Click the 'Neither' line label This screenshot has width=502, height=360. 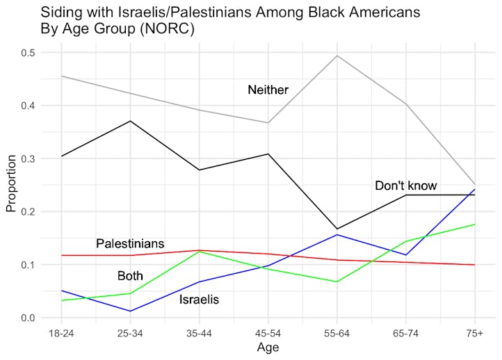click(x=268, y=90)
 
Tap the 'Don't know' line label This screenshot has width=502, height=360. click(x=405, y=186)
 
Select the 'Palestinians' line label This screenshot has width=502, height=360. click(x=130, y=243)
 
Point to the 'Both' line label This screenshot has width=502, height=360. click(x=129, y=276)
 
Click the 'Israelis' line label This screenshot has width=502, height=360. click(x=199, y=300)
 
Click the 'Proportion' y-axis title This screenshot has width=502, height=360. click(x=10, y=184)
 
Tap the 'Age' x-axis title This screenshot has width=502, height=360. click(x=268, y=347)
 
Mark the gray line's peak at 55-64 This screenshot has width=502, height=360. click(x=337, y=56)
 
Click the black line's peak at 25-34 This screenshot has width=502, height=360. click(x=130, y=121)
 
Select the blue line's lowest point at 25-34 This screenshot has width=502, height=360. click(x=130, y=311)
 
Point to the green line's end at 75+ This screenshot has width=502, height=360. click(x=475, y=224)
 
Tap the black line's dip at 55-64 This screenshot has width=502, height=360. click(x=337, y=229)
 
